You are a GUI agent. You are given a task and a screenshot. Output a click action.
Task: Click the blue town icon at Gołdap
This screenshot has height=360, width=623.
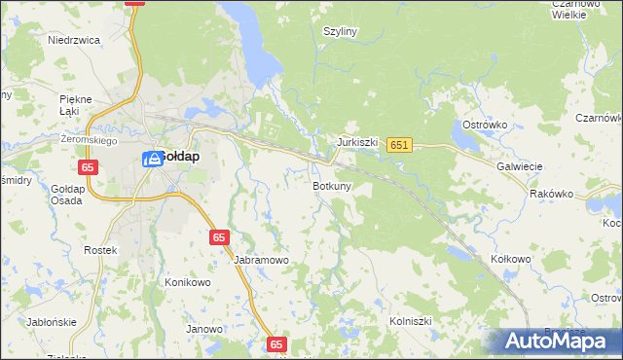pos(152,159)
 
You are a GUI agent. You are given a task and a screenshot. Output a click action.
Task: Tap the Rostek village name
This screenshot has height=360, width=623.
pos(100,250)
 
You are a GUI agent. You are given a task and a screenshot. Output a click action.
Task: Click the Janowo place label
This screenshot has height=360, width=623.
pos(204,329)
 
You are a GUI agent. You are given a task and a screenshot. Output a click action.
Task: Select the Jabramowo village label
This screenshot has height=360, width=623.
pos(262,260)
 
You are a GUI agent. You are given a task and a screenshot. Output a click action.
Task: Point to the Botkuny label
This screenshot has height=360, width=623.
pos(332,185)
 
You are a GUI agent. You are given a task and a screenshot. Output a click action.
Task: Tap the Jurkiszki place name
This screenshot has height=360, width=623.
pos(357,141)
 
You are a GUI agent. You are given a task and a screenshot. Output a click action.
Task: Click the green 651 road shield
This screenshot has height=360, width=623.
pos(399,145)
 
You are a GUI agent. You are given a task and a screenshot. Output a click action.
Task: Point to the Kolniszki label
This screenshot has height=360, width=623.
pos(410,319)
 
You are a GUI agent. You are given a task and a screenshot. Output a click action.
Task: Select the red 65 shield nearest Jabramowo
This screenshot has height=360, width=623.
pos(219,237)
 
